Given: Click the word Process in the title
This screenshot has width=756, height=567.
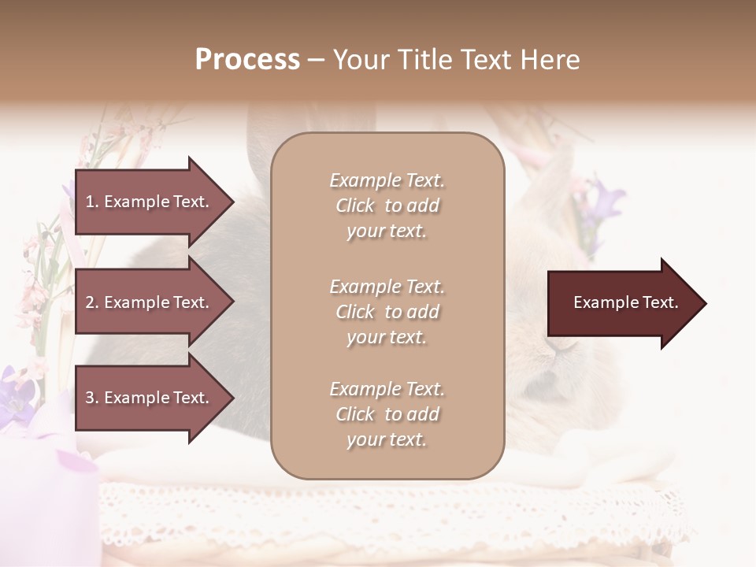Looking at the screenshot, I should [x=247, y=60].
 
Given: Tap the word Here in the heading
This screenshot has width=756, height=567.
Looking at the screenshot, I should [x=550, y=60].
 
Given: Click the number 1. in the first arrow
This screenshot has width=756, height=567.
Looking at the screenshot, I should [x=92, y=202].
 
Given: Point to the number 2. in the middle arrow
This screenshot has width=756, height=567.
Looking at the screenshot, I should [x=92, y=302].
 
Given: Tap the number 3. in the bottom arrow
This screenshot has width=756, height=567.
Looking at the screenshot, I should [x=92, y=398].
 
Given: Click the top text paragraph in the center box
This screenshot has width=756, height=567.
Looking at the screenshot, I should [x=387, y=206].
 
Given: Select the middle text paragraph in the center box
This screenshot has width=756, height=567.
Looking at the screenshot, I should [x=387, y=312].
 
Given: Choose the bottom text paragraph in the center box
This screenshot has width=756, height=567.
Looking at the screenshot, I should [x=387, y=414].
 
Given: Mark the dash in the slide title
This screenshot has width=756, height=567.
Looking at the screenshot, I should [x=316, y=61].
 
